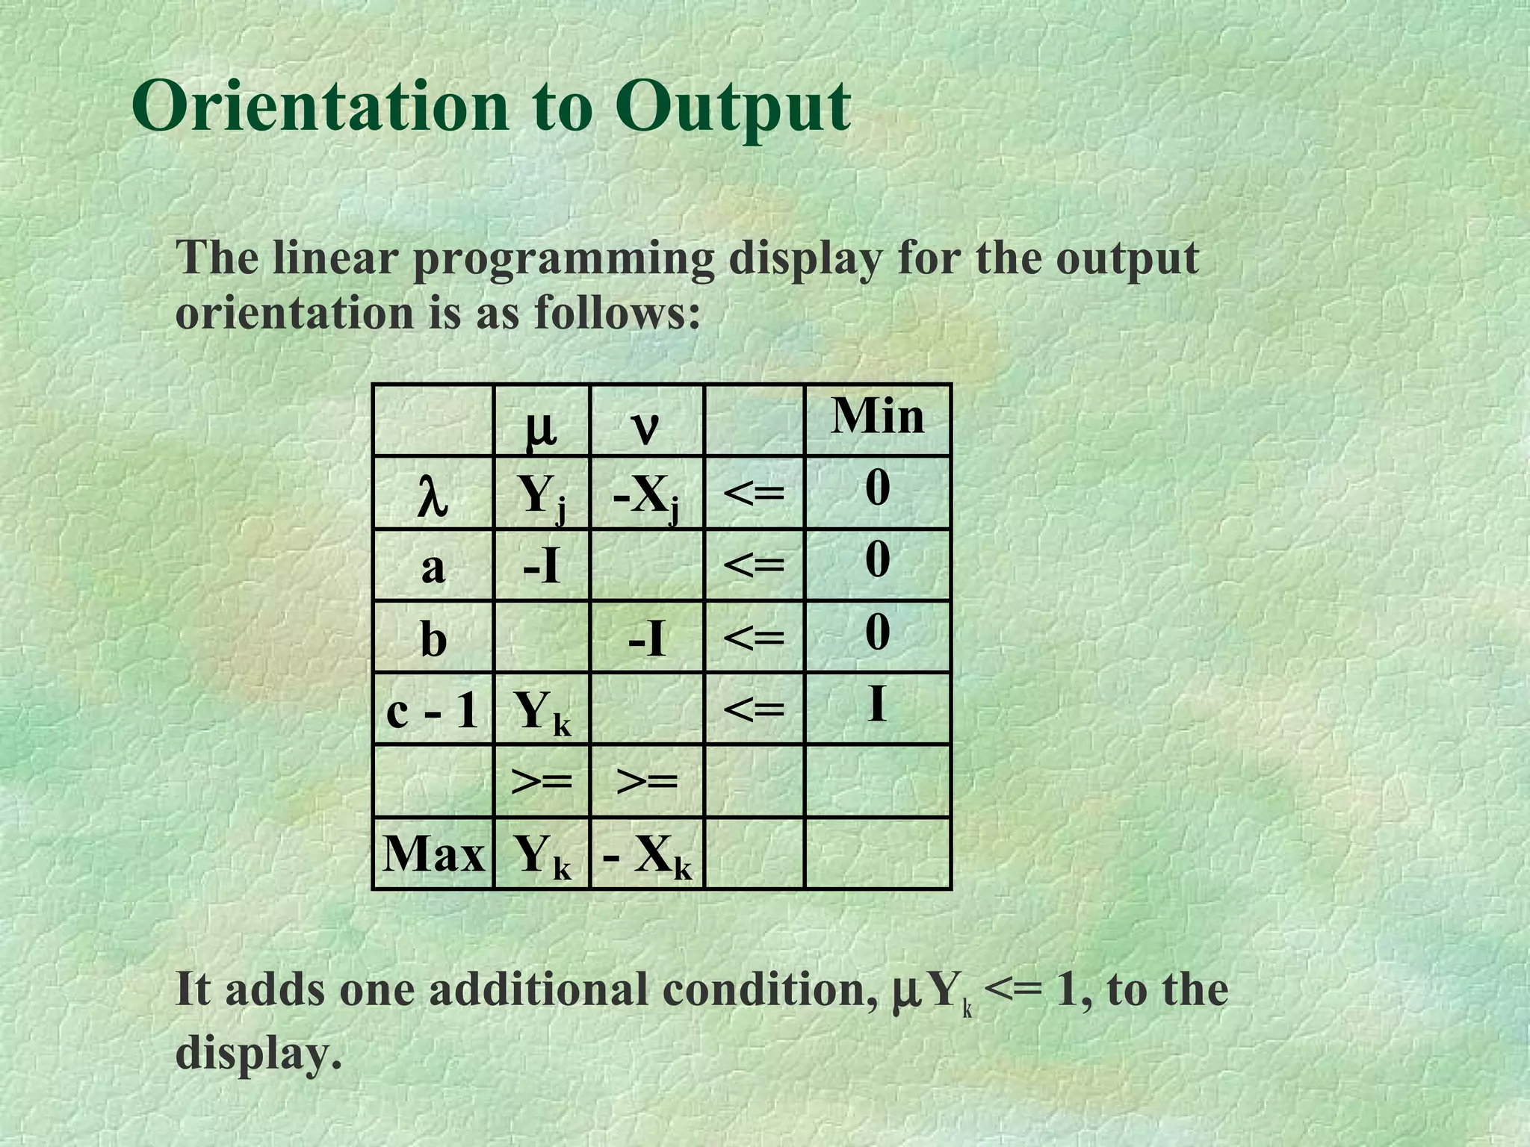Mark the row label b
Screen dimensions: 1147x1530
coord(433,639)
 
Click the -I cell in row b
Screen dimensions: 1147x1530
coord(646,639)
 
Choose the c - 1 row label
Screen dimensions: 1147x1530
coord(432,710)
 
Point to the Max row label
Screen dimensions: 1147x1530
coord(433,854)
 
